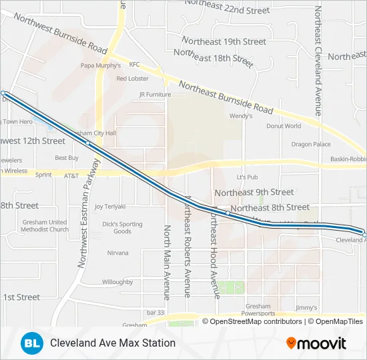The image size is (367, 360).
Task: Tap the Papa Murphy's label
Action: click(x=101, y=65)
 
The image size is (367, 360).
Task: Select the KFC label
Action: click(x=134, y=65)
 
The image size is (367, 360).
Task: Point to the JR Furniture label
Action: click(x=155, y=95)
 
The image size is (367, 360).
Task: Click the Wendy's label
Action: click(x=240, y=115)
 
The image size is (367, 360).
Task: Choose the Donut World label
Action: click(x=284, y=125)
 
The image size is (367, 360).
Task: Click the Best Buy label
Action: click(x=67, y=158)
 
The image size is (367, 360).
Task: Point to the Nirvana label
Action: click(x=118, y=253)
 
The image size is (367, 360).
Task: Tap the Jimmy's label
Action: click(x=306, y=307)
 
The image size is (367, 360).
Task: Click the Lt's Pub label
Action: click(x=247, y=177)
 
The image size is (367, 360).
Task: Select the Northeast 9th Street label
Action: click(x=254, y=192)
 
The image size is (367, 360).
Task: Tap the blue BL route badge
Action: click(x=31, y=343)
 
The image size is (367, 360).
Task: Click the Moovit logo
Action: click(x=316, y=343)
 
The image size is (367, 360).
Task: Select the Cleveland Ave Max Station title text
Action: click(x=113, y=343)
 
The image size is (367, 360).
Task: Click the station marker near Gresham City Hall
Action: click(x=87, y=143)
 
